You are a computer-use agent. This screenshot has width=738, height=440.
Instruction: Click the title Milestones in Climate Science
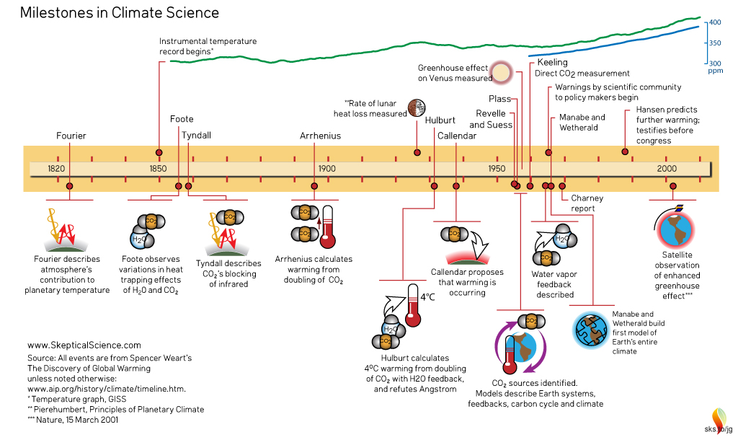pos(119,13)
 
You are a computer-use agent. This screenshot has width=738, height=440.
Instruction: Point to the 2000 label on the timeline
pos(667,168)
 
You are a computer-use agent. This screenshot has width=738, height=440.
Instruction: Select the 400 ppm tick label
pos(715,23)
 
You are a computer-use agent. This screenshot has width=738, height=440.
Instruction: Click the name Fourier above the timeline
pos(71,136)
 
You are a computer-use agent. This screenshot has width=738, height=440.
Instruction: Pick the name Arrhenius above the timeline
pos(320,136)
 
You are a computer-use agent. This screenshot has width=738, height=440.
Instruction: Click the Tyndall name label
pos(196,135)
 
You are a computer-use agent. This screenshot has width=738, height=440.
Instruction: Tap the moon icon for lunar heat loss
pos(416,108)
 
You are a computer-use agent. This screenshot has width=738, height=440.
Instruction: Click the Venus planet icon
pos(502,73)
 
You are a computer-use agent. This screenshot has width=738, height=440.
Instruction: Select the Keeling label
pos(552,63)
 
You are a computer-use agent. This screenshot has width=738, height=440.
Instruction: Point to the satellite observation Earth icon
pos(676,229)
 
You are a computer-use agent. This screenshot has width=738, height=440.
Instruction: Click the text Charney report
pos(587,203)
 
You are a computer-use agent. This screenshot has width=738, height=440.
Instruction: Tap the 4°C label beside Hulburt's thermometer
pos(427,296)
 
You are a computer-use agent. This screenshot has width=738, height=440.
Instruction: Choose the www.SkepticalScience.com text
pos(84,346)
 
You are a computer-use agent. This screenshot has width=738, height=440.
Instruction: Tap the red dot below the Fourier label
pos(70,186)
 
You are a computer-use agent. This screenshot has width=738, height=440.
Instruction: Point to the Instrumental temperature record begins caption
pos(208,46)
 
